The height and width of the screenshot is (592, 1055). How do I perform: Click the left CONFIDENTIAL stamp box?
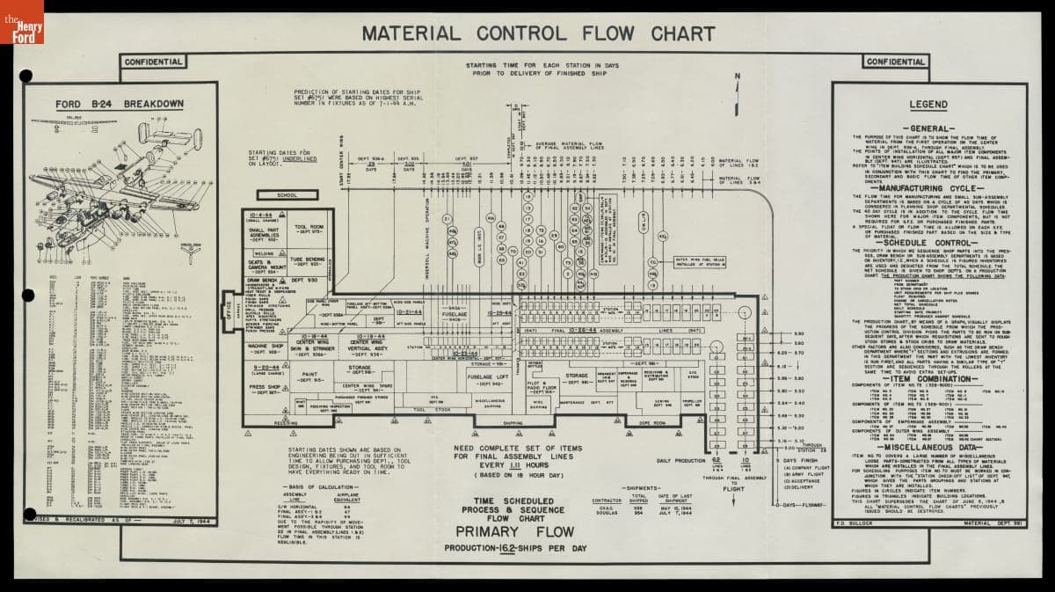point(153,62)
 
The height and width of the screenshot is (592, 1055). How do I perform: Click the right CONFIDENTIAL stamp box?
point(895,62)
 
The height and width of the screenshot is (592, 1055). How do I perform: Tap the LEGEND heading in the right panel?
point(928,105)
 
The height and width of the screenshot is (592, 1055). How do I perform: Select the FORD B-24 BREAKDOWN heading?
point(120,104)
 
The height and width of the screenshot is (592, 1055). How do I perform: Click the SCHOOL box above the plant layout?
point(287,195)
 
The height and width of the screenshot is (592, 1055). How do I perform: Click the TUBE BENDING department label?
point(309,261)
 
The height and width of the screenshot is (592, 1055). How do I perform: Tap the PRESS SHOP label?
point(264,388)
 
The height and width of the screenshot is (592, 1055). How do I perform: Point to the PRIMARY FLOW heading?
point(514,531)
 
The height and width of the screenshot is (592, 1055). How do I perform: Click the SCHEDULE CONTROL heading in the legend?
point(928,242)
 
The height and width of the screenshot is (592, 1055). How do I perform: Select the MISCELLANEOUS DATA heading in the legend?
point(928,446)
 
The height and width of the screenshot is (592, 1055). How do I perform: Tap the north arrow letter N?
point(738,77)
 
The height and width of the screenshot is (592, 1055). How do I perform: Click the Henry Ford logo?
point(22,22)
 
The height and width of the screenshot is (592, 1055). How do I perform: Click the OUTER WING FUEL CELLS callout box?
point(701,261)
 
